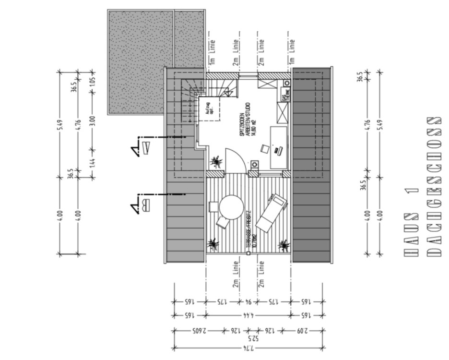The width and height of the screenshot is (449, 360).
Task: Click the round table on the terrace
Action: click(231, 207)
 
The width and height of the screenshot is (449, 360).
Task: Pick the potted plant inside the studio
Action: click(216, 160)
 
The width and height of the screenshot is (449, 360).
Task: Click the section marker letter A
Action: click(146, 146)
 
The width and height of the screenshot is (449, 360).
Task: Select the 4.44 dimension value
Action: click(248, 315)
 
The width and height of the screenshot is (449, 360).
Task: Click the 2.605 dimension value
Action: click(199, 331)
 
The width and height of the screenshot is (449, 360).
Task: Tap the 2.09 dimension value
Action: click(302, 331)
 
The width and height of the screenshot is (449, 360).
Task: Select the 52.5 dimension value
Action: click(248, 338)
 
